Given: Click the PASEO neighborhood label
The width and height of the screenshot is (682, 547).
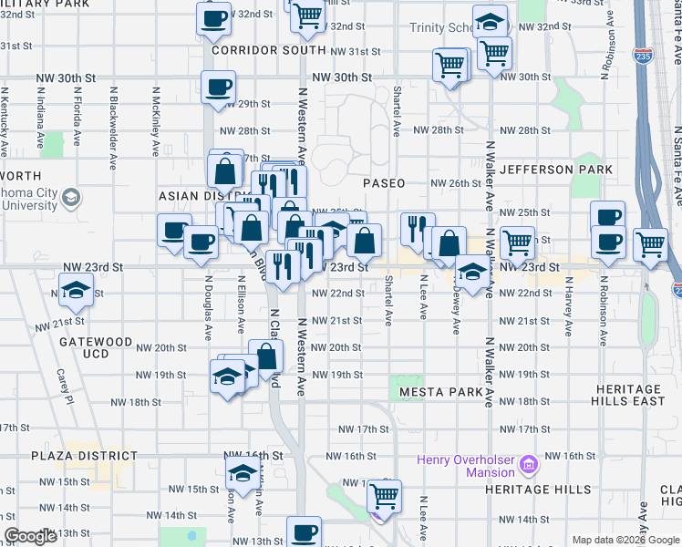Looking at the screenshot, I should [383, 183].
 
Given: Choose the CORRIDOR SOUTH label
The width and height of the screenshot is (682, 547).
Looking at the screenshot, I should [255, 51].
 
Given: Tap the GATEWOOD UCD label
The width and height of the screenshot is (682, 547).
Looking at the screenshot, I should [96, 347].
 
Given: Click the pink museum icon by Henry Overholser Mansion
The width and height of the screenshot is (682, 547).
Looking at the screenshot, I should [527, 467].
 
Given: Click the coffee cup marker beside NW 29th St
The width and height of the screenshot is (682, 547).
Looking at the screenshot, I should [218, 88].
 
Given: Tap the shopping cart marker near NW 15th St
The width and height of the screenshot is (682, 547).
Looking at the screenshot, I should [384, 496].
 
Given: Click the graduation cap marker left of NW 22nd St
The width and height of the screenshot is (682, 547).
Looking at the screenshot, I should [78, 292].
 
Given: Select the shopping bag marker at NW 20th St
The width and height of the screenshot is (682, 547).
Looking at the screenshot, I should [265, 356].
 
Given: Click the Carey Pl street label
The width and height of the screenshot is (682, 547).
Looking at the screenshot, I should [62, 383].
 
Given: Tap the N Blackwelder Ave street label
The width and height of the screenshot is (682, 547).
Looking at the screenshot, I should [114, 128].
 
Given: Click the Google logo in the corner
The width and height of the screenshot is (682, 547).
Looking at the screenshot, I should [30, 536].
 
